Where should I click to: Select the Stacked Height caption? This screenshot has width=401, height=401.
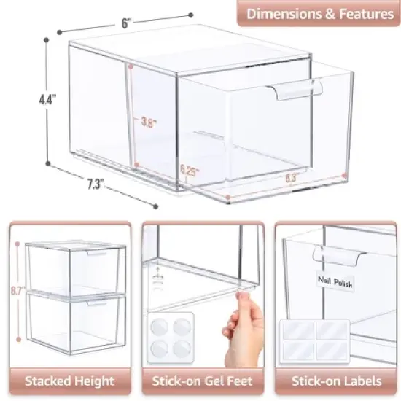tap(70, 380)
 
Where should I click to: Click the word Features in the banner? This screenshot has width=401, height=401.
tap(358, 13)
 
